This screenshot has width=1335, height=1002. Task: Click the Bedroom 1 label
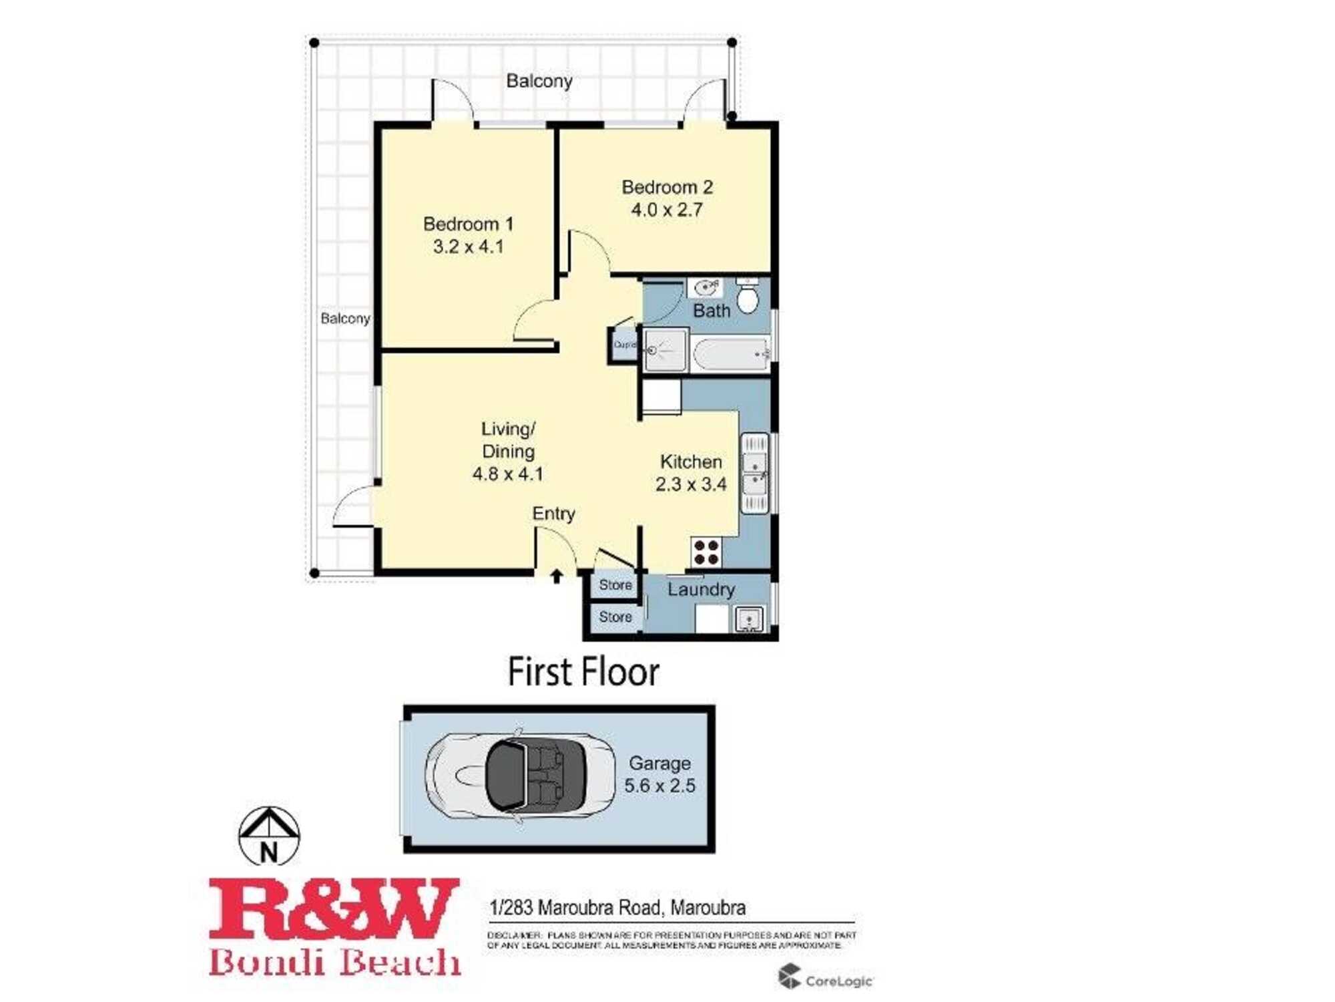click(x=468, y=224)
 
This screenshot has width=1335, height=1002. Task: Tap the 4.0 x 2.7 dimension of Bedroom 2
click(x=667, y=210)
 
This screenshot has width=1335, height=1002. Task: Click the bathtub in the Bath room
click(x=731, y=353)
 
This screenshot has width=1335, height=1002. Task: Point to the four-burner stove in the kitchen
click(x=706, y=552)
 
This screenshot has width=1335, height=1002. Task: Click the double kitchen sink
click(x=755, y=474)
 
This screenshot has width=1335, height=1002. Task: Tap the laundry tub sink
click(x=749, y=619)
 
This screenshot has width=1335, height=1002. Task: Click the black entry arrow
click(x=557, y=576)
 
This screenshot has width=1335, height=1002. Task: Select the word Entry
click(x=553, y=514)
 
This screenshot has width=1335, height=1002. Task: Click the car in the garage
click(x=521, y=776)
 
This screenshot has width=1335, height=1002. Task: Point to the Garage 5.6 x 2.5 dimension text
click(x=659, y=786)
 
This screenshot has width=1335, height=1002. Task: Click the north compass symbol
click(x=269, y=836)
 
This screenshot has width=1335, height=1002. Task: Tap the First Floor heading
click(x=583, y=672)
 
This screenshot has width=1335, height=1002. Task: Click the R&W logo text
click(x=334, y=910)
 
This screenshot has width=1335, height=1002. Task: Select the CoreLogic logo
click(x=825, y=979)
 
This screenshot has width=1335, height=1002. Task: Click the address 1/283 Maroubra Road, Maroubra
click(x=617, y=908)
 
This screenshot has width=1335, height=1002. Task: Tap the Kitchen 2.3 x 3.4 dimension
click(x=691, y=484)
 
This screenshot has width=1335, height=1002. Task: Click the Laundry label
click(x=701, y=589)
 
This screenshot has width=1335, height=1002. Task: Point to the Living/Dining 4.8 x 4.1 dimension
click(x=508, y=474)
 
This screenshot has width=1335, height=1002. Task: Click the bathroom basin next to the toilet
click(x=705, y=288)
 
